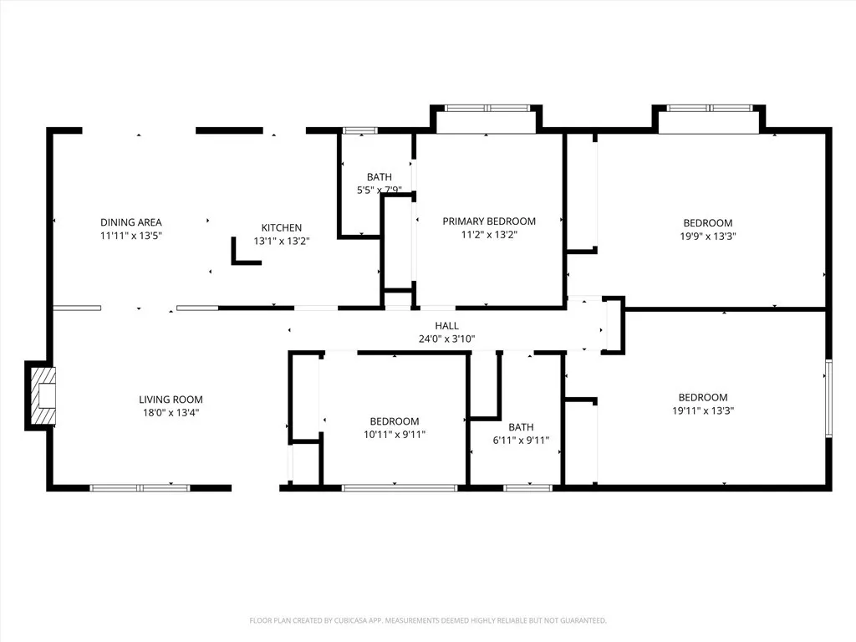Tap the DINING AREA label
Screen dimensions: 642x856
tap(131, 222)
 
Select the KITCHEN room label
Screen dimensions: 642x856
tap(282, 227)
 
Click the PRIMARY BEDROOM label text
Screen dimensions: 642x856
tap(489, 222)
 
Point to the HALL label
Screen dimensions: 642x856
tap(446, 326)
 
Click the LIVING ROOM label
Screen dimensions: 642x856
tap(171, 400)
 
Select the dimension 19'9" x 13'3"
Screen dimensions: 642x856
tap(708, 236)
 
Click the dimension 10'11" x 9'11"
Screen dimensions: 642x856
tap(395, 434)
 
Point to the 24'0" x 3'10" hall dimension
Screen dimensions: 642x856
tap(446, 339)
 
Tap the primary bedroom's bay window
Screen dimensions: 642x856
tap(487, 108)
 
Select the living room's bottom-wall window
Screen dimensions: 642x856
tap(140, 487)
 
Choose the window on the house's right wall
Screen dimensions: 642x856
tap(828, 398)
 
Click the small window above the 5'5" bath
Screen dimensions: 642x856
tap(360, 130)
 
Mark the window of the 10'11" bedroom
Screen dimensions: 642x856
tap(400, 487)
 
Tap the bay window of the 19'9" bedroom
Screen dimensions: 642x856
tap(710, 108)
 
